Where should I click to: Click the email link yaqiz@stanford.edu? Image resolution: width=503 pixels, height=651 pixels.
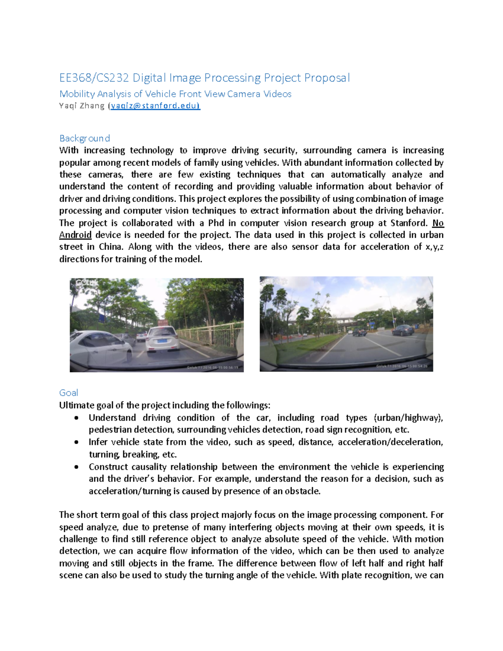click(x=155, y=106)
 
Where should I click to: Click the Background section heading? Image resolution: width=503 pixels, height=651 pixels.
click(x=85, y=138)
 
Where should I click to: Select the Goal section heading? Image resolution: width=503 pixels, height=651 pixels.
click(x=68, y=393)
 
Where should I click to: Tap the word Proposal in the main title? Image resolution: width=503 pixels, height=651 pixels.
click(x=327, y=78)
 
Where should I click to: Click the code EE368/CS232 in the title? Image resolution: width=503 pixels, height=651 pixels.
click(x=95, y=78)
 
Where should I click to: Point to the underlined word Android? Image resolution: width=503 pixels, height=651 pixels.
click(x=75, y=235)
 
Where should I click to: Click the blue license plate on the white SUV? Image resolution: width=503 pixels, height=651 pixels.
click(x=161, y=341)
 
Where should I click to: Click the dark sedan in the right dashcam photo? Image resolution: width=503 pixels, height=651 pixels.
click(x=402, y=330)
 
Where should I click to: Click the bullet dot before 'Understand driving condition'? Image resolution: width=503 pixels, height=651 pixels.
click(x=76, y=418)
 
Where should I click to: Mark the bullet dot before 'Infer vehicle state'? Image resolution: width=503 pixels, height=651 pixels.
click(x=76, y=442)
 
